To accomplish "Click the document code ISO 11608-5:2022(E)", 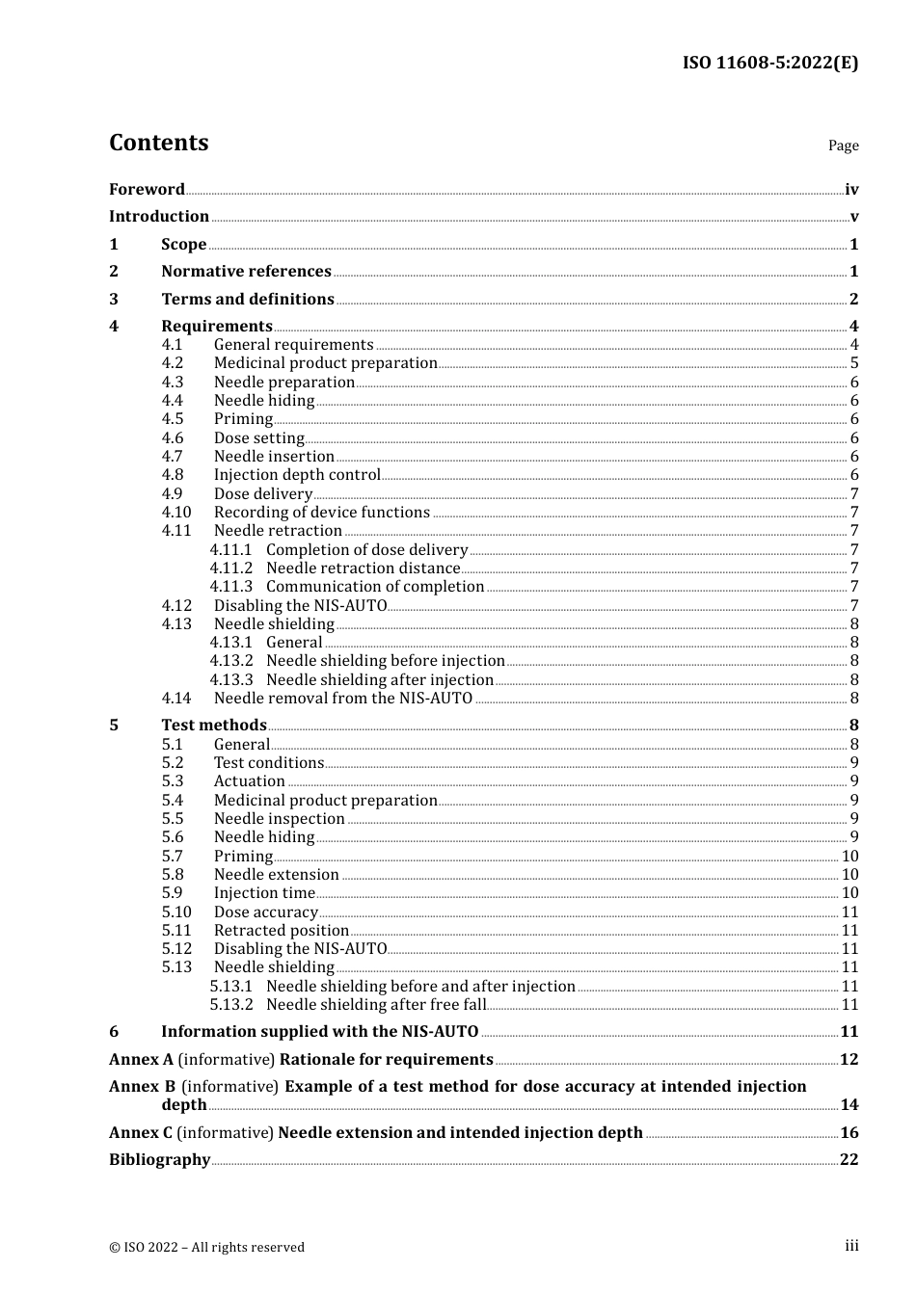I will tap(769, 63).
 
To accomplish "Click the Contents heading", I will tap(158, 143).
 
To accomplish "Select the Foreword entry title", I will tap(147, 190).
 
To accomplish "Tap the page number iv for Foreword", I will tap(850, 190).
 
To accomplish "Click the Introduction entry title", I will tap(159, 217).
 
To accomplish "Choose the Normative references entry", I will tap(246, 272).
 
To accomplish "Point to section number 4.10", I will tap(176, 513).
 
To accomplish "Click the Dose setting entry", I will tap(258, 438).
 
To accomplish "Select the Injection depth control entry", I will tap(297, 475).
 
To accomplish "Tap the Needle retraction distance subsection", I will tap(363, 568).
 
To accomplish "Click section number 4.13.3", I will tap(231, 680).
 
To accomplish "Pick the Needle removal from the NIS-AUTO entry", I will tap(343, 699).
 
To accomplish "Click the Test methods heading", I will tap(213, 726).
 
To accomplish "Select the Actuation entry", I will tap(249, 781).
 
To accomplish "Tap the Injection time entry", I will tap(264, 893).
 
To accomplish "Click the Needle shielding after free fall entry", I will tap(376, 1005).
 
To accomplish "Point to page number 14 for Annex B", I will tap(849, 1105).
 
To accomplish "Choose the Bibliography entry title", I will tap(159, 1160).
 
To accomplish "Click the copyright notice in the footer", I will tap(206, 1247).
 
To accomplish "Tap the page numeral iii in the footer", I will tap(851, 1246).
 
